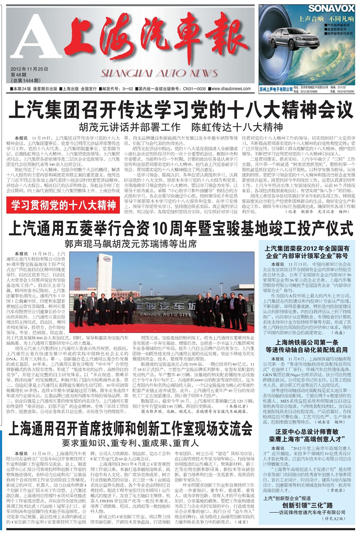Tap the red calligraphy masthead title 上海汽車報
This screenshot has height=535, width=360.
156,37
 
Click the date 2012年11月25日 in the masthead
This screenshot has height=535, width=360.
29,69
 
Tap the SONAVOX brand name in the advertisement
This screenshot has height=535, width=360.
331,8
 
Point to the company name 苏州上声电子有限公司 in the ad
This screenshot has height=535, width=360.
276,89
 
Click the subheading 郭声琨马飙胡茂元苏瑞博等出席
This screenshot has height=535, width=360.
130,244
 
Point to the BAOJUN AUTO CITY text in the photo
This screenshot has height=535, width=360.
165,314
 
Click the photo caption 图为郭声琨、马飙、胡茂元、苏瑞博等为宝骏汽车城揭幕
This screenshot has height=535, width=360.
194,412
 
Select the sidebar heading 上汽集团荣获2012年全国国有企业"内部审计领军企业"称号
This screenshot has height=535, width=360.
307,252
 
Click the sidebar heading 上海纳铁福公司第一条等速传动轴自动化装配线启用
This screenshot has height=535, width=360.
307,346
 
